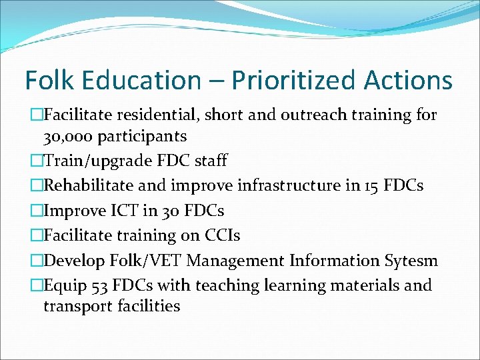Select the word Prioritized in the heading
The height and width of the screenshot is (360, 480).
click(x=290, y=81)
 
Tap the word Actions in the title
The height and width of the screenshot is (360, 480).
click(x=408, y=81)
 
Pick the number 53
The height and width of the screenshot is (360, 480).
click(x=97, y=285)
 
